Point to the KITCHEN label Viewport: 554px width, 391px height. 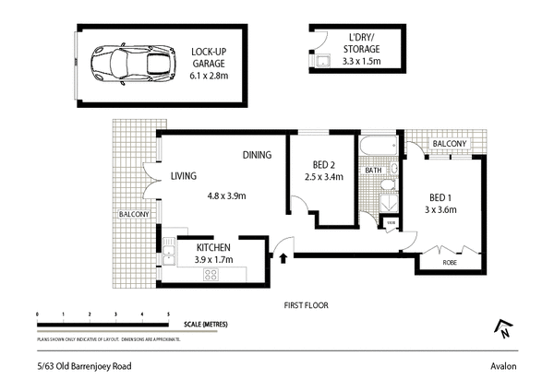212,248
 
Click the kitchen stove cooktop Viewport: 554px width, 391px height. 211,273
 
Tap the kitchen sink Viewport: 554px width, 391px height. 170,246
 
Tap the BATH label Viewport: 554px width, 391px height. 374,171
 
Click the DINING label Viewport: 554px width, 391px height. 257,155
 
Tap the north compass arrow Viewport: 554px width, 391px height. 504,327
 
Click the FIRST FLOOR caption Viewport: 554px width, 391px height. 306,304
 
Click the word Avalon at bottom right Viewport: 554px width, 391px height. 503,366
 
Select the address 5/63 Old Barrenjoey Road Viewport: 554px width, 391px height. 79,366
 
